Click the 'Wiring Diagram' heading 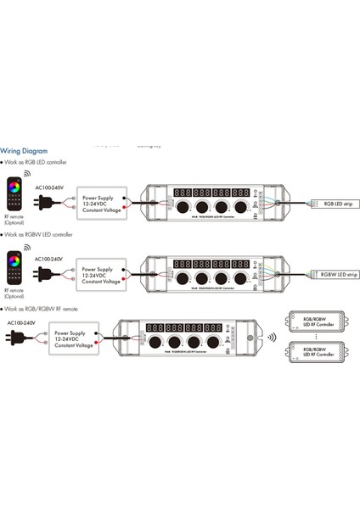point(27,147)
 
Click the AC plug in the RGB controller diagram point(42,202)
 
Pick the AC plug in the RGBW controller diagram point(42,274)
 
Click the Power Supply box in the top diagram point(101,201)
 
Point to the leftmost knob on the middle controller point(182,278)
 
